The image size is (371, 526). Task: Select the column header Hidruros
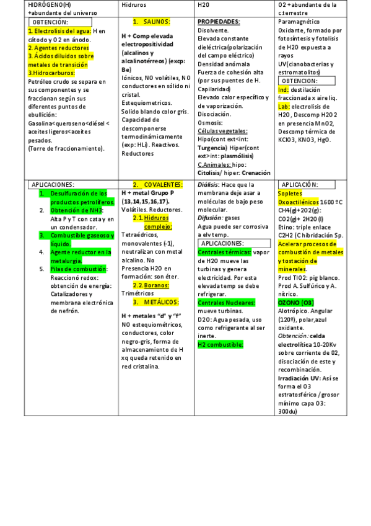point(133,4)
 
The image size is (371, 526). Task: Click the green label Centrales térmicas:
point(224,252)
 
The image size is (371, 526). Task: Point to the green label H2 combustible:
point(220,344)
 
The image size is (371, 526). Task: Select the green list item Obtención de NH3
point(76,210)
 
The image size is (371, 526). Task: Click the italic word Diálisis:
point(208,185)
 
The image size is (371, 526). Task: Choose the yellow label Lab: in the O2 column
point(284,106)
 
